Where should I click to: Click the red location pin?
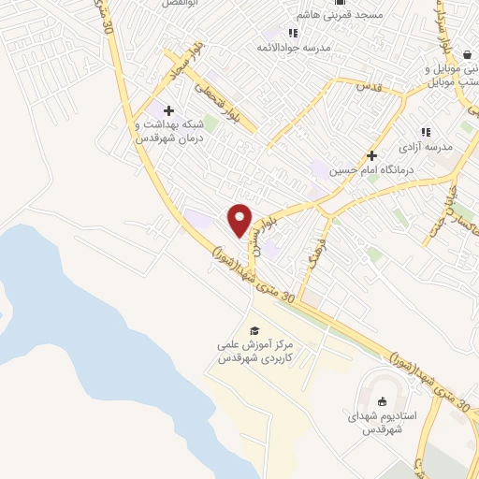pos(240,220)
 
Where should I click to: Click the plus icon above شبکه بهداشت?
pos(168,111)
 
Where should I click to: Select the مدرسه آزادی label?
pos(426,148)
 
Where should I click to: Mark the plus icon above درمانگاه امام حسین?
pos(371,155)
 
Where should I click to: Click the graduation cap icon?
pos(254,330)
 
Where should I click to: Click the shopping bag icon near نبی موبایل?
pos(466,55)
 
